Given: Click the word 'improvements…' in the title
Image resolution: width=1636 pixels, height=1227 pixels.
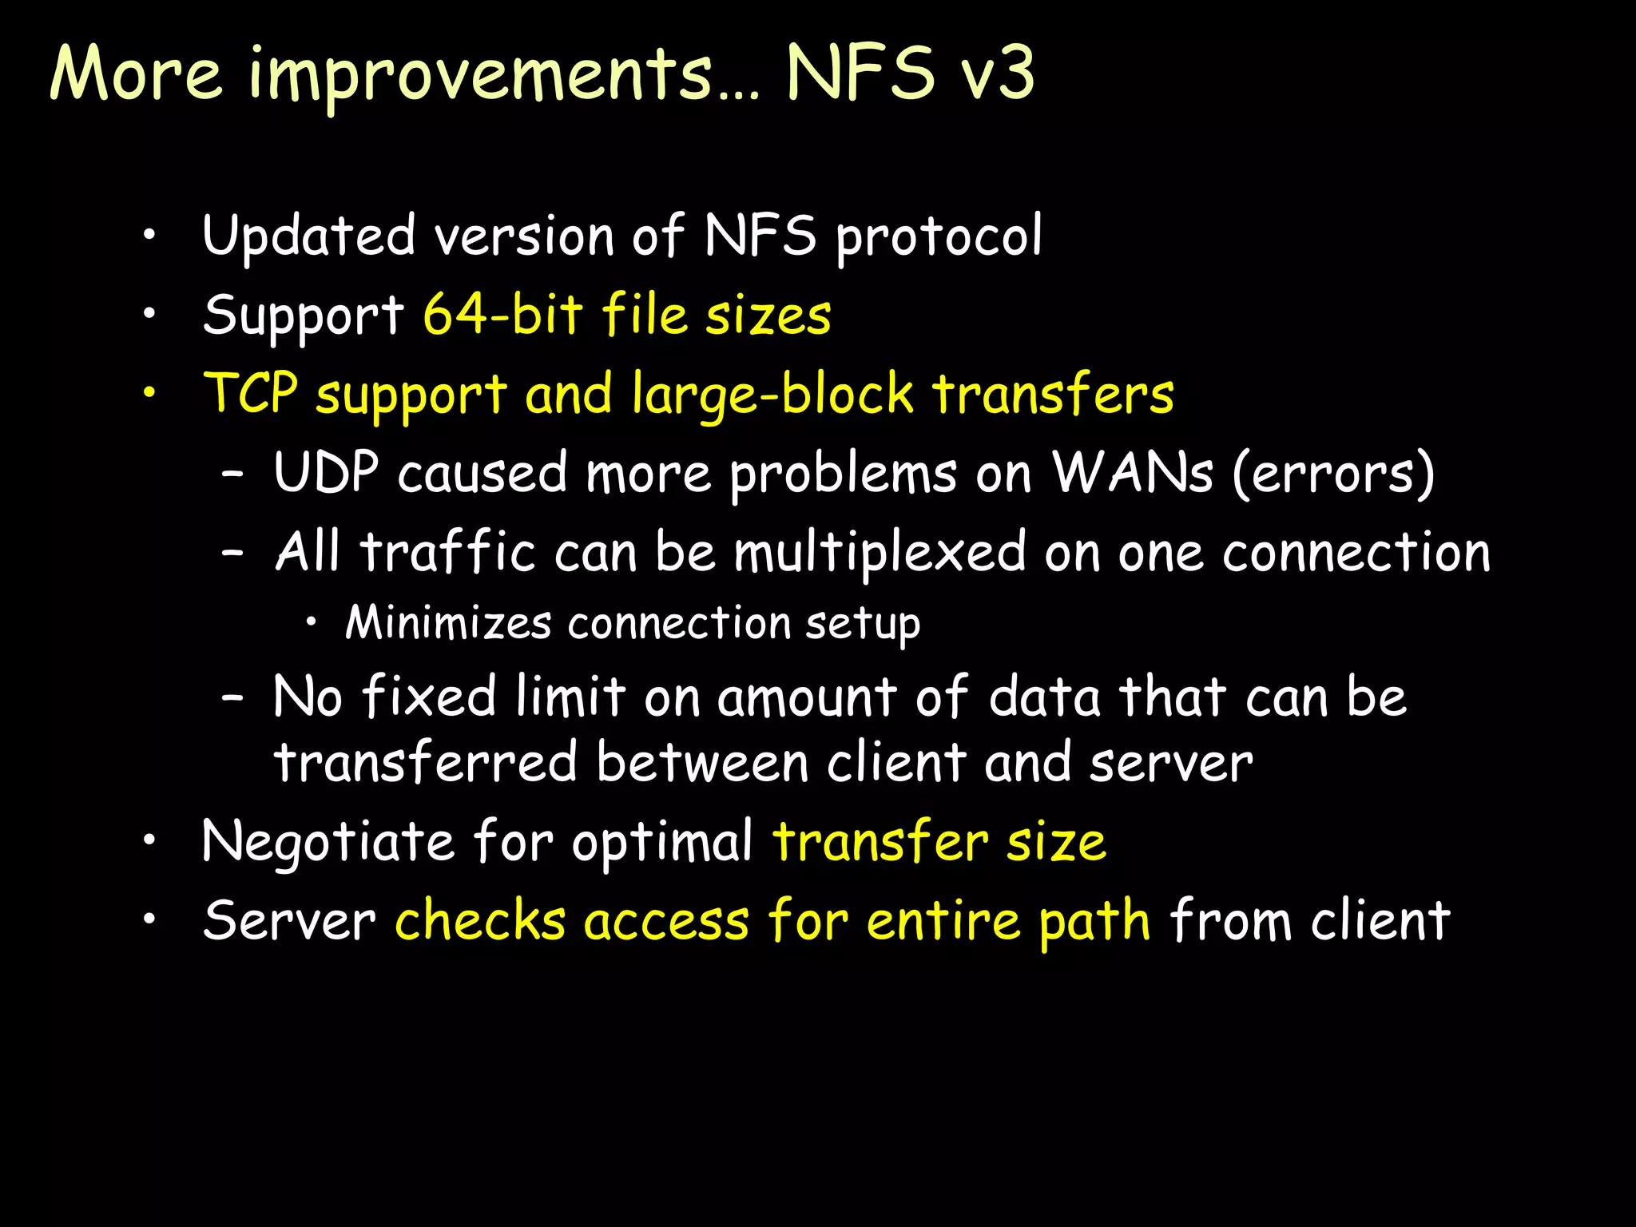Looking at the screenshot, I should coord(503,75).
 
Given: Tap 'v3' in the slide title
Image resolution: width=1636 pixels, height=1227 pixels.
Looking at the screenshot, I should coord(997,73).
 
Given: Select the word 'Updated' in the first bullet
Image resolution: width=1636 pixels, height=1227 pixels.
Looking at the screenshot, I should coord(308,236).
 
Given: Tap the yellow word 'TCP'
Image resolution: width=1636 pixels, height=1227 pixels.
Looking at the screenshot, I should coord(251,393).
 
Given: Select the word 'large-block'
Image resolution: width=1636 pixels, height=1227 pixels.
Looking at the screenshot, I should coord(772,395).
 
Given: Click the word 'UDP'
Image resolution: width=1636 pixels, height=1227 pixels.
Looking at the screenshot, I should coord(326,472).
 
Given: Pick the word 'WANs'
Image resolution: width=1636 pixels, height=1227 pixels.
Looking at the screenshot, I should coord(1132,472).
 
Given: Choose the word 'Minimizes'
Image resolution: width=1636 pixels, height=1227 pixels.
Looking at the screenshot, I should coord(448,622).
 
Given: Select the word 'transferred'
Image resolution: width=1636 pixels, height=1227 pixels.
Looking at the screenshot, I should coord(426,762).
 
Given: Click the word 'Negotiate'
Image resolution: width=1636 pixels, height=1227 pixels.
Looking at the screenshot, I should coord(328,842).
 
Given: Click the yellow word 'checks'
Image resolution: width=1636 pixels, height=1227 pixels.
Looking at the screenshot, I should coord(480,920).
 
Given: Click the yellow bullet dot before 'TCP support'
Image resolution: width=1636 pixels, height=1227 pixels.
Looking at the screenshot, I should coord(149,393).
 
